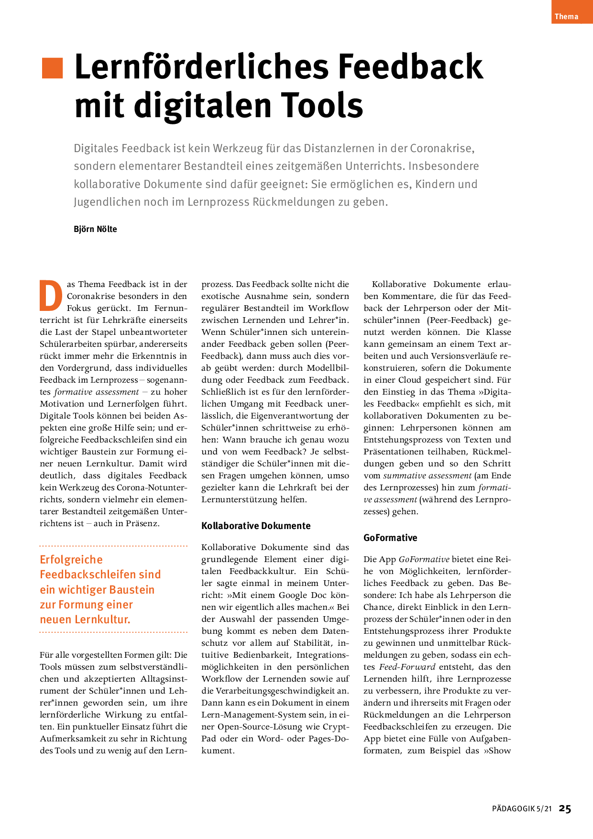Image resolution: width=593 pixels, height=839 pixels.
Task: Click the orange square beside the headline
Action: click(x=53, y=68)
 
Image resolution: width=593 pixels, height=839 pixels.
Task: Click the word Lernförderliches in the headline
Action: click(x=201, y=67)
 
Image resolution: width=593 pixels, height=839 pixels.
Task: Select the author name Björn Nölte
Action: click(x=95, y=229)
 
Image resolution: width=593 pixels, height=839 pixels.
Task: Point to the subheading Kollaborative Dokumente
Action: click(x=256, y=526)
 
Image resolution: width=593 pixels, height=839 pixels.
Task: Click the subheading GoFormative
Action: click(x=390, y=538)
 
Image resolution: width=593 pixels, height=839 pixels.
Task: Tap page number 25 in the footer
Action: click(x=565, y=809)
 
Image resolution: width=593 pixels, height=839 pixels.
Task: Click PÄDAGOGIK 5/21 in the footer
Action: click(x=522, y=809)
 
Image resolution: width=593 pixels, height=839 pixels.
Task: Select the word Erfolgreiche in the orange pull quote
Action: click(x=71, y=560)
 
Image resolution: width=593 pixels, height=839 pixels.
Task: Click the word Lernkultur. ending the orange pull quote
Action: click(x=102, y=619)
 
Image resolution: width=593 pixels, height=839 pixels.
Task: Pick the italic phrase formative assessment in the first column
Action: click(x=96, y=392)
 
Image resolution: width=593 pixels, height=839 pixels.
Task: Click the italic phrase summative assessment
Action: click(x=427, y=475)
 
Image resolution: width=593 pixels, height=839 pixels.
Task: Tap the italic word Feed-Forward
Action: click(x=407, y=667)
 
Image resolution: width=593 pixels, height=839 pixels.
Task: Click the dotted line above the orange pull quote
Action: click(x=113, y=546)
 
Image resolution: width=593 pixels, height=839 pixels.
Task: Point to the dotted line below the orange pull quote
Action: click(x=113, y=632)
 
